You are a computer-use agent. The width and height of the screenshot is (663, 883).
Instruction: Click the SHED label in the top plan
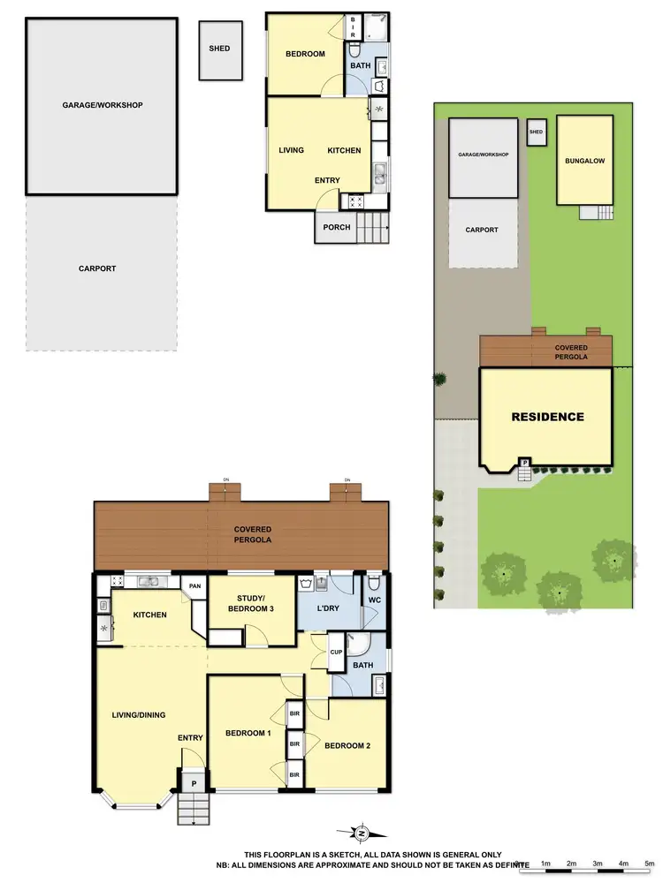pos(219,49)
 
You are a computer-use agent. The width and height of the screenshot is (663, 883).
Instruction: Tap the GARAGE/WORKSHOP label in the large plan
pos(103,105)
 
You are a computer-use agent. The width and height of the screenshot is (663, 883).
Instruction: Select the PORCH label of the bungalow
pos(337,227)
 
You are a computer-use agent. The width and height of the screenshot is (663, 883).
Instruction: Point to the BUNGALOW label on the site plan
pos(584,162)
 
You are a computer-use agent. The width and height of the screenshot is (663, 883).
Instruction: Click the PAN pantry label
pos(194,585)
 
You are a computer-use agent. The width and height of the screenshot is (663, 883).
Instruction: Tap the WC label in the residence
pos(374,601)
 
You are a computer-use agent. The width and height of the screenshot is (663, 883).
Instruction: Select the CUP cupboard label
pos(336,653)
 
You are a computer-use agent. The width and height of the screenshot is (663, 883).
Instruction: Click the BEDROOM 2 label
pos(347,746)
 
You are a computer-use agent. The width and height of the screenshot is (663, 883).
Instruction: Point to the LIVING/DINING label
pos(139,715)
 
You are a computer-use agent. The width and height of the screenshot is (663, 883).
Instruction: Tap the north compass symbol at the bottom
pos(361,833)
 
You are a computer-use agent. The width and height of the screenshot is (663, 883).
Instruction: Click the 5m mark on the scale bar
pos(650,863)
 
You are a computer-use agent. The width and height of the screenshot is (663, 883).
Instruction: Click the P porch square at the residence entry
pos(192,781)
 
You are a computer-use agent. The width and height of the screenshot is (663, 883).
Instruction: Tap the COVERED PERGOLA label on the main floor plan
pos(252,533)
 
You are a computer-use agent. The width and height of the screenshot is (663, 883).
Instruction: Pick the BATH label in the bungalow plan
pos(361,65)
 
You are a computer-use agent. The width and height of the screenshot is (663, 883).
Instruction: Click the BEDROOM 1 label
pos(248,734)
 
